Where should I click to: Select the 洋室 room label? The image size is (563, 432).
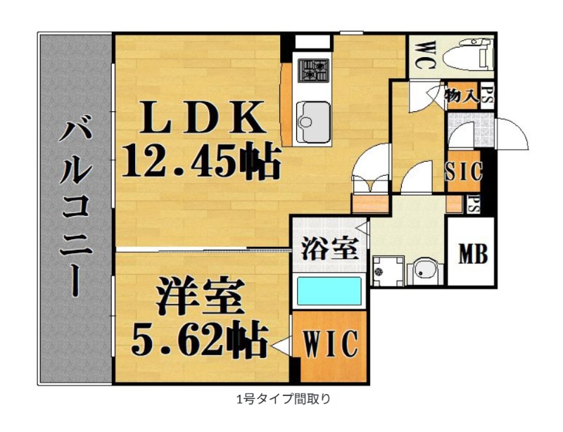pyautogui.click(x=200, y=294)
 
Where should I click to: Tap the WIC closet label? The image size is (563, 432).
pyautogui.click(x=331, y=345)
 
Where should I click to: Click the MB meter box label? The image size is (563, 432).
pyautogui.click(x=472, y=254)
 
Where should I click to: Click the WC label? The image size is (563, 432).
pyautogui.click(x=426, y=52)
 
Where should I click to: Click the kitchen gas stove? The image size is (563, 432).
pyautogui.click(x=314, y=70)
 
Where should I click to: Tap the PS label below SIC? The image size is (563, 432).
pyautogui.click(x=475, y=205)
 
